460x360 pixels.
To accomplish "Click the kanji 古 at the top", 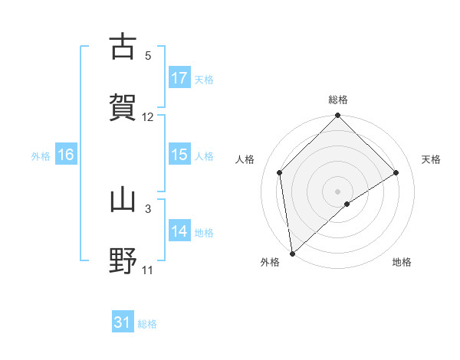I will (123, 47).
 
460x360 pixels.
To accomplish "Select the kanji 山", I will (123, 201).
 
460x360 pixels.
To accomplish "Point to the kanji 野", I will (123, 260).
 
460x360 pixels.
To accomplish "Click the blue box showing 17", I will (179, 78).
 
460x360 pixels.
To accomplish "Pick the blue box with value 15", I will (179, 155).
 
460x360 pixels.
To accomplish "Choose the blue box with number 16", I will (66, 155).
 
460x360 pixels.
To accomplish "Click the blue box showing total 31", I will (123, 322).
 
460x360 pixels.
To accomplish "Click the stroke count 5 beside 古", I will (148, 55).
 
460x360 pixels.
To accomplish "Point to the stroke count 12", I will (148, 116).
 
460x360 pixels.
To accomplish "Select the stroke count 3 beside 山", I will (148, 208).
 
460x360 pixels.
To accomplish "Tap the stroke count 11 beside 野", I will (148, 270).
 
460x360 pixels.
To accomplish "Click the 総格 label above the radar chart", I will (338, 100).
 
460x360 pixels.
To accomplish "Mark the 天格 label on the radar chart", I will (431, 159).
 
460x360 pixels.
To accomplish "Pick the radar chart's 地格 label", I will (402, 262).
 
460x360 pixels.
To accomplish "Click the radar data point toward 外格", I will (292, 254).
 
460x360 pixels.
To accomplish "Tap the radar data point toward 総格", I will (338, 116).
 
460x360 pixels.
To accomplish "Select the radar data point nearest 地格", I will (347, 204).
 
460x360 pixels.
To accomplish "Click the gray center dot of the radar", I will (338, 191).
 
